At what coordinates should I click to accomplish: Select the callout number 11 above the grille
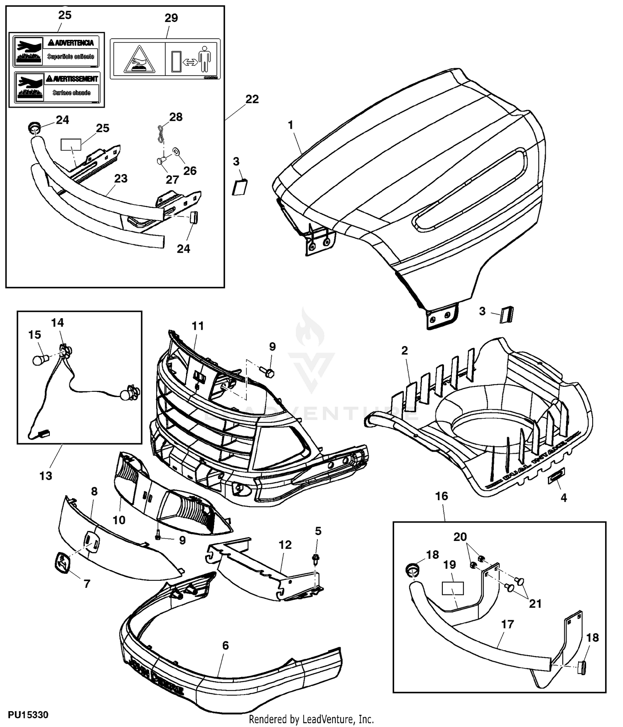tap(198, 326)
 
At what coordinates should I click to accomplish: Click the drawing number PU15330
tap(28, 715)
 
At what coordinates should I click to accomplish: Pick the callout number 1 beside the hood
tap(291, 125)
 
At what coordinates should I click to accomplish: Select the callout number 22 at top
tap(252, 99)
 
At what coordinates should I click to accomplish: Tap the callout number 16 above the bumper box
tap(442, 496)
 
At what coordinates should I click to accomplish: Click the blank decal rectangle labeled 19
tap(452, 588)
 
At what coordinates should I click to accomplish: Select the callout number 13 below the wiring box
tap(46, 476)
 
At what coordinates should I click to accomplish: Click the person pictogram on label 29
tap(204, 59)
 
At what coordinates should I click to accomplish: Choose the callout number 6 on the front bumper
tap(226, 645)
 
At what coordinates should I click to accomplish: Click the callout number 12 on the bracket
tap(285, 545)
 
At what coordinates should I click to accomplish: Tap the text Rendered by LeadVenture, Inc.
tap(311, 719)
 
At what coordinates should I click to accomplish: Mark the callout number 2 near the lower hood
tap(405, 351)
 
